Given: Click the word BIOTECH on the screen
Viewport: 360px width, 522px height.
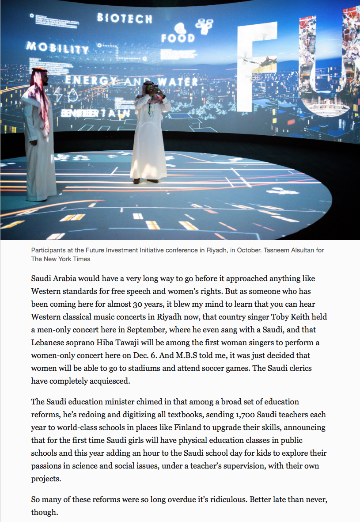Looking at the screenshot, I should tap(124, 18).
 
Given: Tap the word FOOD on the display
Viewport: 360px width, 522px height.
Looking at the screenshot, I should tap(178, 38).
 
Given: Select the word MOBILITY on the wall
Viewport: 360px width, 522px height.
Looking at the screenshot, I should tap(57, 47).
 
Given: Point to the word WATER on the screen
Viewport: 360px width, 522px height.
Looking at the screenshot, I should tap(176, 82).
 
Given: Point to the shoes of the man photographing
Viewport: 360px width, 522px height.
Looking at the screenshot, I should tap(146, 180).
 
